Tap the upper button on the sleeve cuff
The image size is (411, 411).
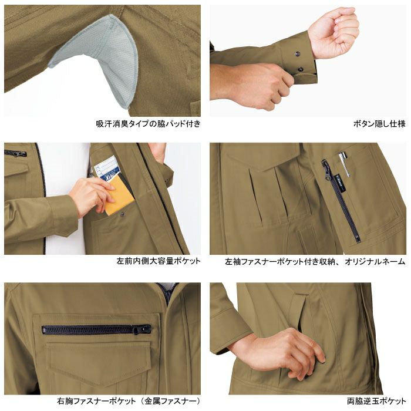297,54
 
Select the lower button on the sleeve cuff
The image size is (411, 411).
301,69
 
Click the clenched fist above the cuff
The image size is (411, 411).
333,33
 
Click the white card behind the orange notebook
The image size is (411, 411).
107,168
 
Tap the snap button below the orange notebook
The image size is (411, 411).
122,215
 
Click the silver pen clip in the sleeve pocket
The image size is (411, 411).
345,164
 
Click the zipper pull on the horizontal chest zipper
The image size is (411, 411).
140,329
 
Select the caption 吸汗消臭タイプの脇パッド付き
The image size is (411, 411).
148,124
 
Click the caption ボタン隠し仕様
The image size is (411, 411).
379,124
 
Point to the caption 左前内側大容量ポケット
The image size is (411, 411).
159,261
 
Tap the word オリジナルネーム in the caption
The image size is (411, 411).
375,261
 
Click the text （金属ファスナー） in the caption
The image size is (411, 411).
170,401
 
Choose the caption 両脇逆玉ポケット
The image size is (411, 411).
376,401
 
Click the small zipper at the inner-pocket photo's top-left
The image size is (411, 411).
15,153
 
